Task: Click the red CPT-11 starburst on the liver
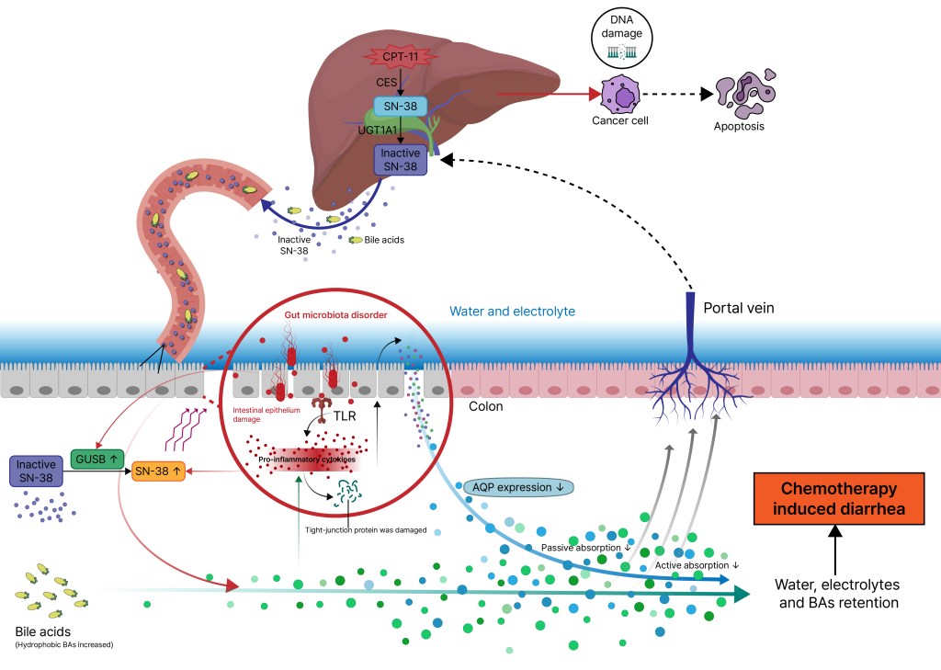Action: click(400, 57)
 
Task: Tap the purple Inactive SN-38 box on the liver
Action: click(400, 160)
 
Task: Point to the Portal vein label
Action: click(738, 309)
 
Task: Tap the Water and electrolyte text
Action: click(512, 312)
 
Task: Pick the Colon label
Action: click(486, 405)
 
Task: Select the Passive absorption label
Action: click(585, 548)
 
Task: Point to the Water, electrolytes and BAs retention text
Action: click(835, 594)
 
